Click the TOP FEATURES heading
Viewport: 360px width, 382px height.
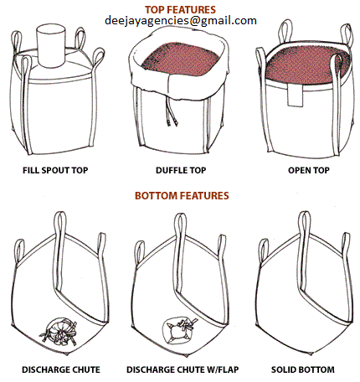coord(180,10)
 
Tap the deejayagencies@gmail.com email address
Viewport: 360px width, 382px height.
coord(181,21)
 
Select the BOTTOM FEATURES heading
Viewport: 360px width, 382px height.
coord(182,195)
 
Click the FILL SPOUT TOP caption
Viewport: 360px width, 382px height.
coord(55,170)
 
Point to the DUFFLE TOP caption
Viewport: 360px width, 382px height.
coord(181,170)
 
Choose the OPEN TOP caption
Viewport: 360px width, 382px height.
coord(309,170)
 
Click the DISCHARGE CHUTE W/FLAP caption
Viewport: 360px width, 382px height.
coord(183,369)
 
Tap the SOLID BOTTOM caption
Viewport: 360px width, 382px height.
coord(303,369)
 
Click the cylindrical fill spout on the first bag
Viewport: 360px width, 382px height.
coord(51,45)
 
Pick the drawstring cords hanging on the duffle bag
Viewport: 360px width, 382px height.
coord(172,111)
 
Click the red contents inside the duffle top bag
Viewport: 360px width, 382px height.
coord(181,59)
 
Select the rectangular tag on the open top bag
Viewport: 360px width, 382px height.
coord(295,95)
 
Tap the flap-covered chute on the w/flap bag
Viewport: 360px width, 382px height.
coord(178,330)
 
